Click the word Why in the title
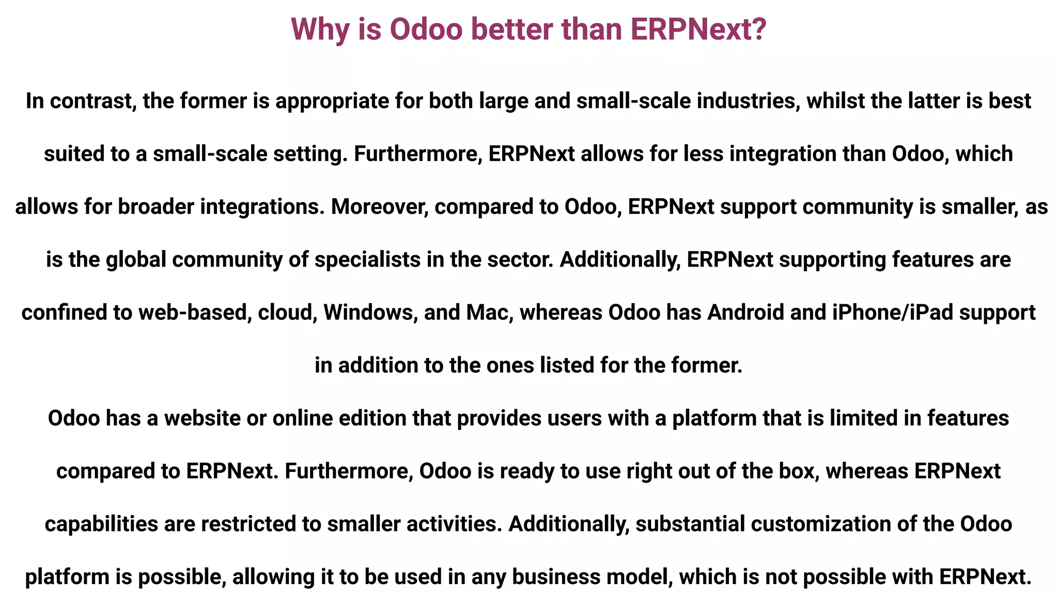pos(320,29)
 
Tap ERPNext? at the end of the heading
pos(698,29)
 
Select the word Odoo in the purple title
pos(426,29)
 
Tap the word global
pos(136,259)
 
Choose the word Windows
pos(370,312)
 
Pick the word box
pos(800,471)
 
